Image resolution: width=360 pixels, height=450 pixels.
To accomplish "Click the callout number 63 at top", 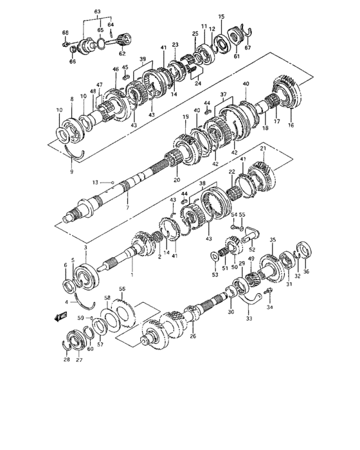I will point(98,12).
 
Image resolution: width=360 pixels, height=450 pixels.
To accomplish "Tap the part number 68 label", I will point(65,32).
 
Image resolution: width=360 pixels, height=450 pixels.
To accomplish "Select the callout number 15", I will point(221,16).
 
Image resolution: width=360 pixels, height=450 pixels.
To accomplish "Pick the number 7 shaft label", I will point(127,209).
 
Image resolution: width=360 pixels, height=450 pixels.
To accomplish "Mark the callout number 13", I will point(95,183).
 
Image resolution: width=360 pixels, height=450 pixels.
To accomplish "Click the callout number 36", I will point(305,271).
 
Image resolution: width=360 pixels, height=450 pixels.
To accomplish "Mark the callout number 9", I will point(72,172).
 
